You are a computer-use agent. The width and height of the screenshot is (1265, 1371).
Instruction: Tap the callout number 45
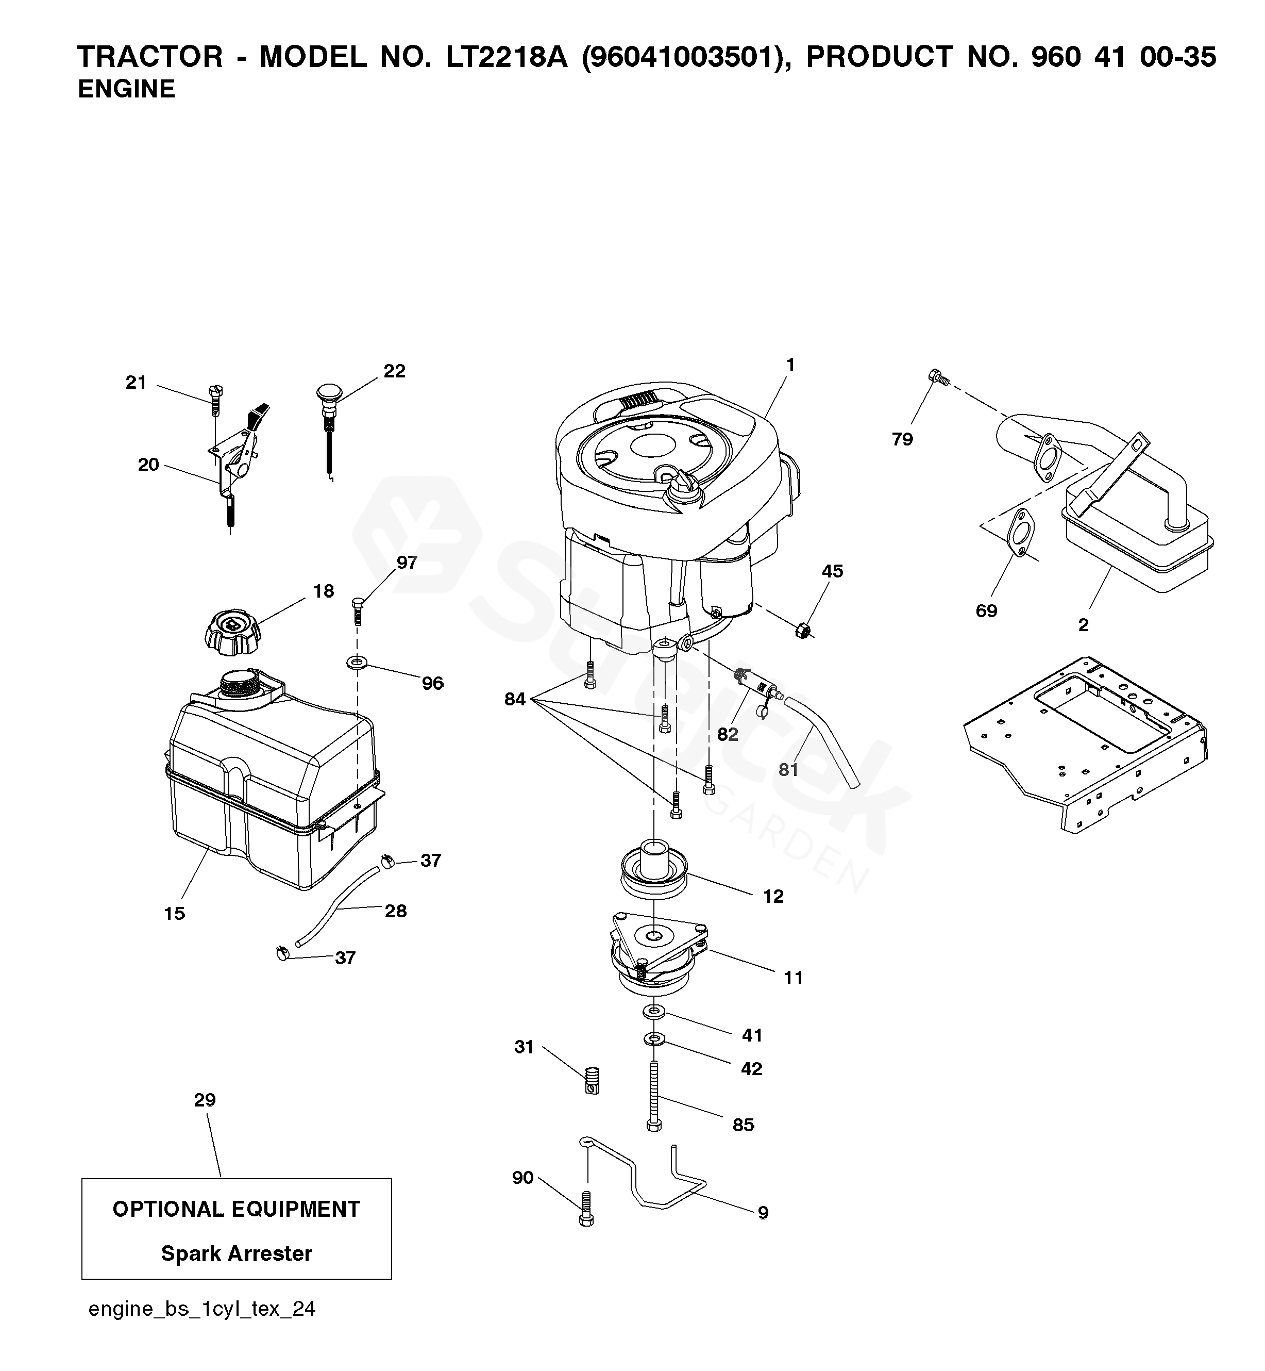(x=832, y=571)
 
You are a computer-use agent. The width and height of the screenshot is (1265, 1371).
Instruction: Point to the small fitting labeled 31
(x=593, y=1081)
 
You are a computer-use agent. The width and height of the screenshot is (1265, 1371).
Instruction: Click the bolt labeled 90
(x=586, y=1217)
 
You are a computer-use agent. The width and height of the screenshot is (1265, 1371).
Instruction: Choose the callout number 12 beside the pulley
(x=773, y=897)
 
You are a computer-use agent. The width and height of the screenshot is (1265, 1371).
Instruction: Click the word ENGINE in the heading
(x=127, y=89)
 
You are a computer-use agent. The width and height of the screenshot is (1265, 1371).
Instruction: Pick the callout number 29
(x=205, y=1100)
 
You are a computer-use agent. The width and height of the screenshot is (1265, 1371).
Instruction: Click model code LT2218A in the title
(x=507, y=57)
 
